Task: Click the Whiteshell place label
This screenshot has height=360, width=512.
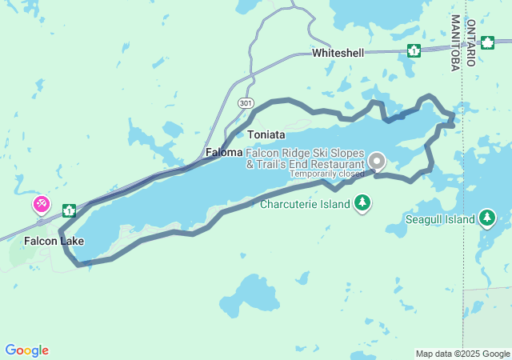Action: point(338,53)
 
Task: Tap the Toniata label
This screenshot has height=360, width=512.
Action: point(266,134)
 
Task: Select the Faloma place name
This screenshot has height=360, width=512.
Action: point(223,152)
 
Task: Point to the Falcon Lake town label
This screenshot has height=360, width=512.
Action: point(54,241)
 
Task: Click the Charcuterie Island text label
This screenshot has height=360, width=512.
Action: point(305,204)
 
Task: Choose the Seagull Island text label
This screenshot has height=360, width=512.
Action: point(441,218)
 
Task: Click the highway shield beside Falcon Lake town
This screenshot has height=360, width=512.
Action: point(70,210)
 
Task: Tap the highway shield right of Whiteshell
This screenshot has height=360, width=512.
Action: point(414,51)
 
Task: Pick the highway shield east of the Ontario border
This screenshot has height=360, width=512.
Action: point(487,42)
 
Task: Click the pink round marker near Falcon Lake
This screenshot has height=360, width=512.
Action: point(41,205)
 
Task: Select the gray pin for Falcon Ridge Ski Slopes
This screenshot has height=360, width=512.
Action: point(376,160)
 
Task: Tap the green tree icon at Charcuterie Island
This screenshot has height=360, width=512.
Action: point(363,203)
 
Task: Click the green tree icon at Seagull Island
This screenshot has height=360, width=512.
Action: point(487,218)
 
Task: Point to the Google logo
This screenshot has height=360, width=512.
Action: point(26,350)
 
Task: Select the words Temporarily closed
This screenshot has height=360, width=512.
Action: point(326,174)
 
